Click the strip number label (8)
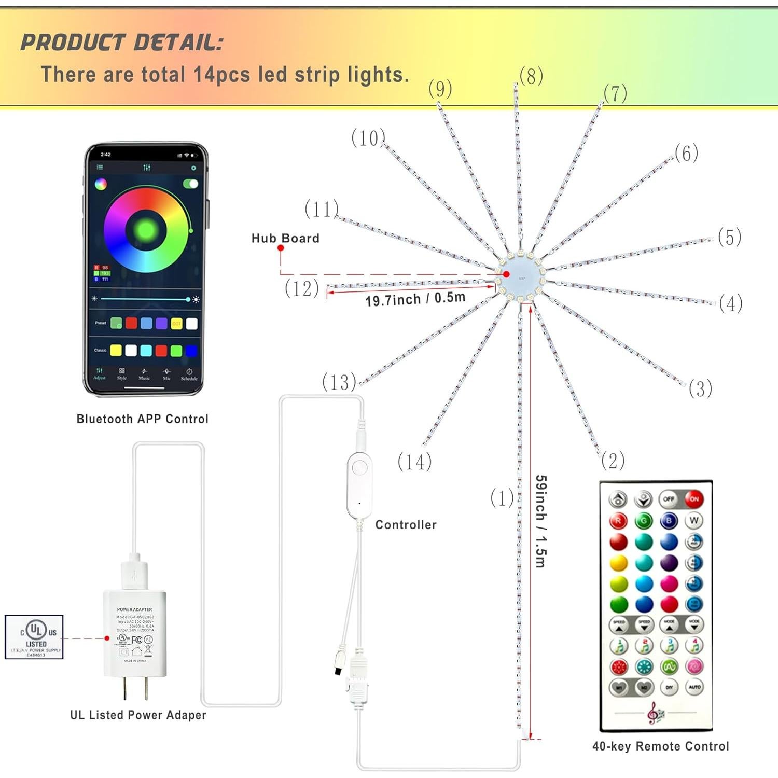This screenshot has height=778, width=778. pos(531,76)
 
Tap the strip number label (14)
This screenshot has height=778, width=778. pos(414,462)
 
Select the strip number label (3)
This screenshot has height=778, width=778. pos(700,388)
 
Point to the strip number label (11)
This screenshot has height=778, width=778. pos(322,209)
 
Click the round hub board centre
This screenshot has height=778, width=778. pos(520,275)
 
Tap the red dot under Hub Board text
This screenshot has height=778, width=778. pos(281,248)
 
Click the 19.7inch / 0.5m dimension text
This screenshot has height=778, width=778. pos(415,299)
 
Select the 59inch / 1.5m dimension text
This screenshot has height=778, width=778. pos(540,521)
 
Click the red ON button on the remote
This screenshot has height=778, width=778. pos(694,499)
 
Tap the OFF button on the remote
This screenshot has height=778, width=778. pos(669,499)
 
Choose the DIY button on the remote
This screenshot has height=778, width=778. pos(669,687)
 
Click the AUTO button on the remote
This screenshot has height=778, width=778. pos(694,687)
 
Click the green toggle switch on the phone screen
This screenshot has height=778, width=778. pos(190,184)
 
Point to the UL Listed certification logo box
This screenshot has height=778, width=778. pos(34,637)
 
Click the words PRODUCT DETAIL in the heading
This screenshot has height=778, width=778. pos(122,43)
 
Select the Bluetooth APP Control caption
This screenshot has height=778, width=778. pos(142,419)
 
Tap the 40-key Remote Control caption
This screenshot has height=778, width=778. pos(661,746)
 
